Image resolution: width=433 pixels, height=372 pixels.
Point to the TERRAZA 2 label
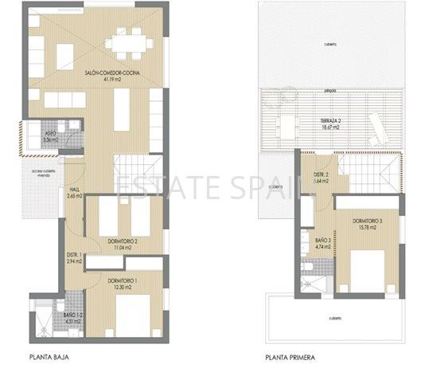pos(328,119)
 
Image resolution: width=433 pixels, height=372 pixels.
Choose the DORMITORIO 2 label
pos(123,241)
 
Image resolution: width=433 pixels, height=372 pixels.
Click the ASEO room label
pos(50,133)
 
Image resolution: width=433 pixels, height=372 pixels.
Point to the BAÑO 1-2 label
pos(72,315)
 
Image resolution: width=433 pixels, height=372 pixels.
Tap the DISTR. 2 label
pos(321,174)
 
